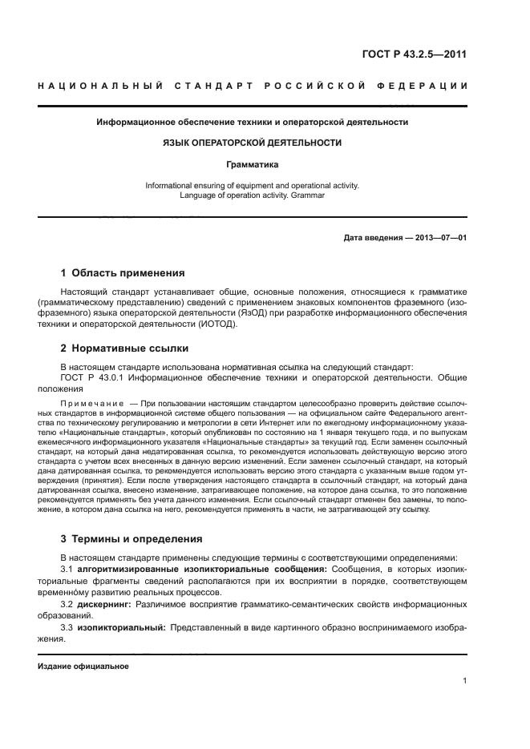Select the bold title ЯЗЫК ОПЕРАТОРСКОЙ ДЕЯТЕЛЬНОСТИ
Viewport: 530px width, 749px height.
coord(252,143)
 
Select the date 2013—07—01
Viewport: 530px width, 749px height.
coord(439,238)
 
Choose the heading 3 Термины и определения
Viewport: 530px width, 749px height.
coord(132,538)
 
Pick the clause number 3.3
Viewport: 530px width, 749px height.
coord(67,628)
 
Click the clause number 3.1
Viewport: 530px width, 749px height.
coord(67,568)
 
